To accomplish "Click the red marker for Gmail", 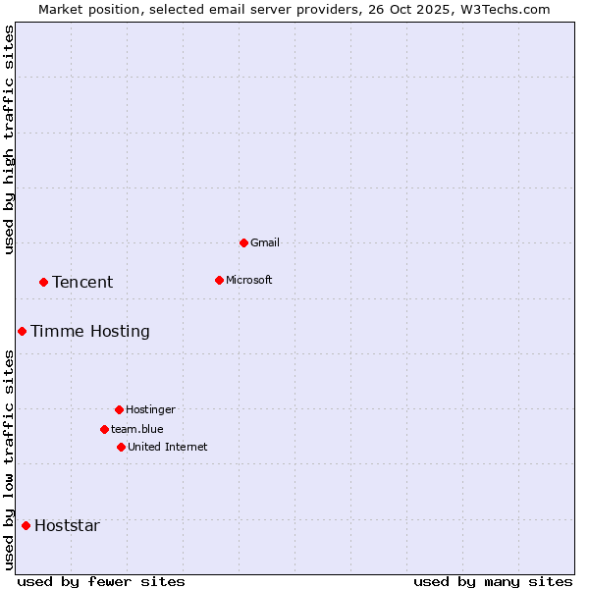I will [243, 242].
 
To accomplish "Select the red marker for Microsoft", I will [219, 280].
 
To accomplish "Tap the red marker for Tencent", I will [43, 282].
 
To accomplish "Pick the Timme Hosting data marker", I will [22, 331].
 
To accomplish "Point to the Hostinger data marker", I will [119, 409].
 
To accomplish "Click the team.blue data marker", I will [104, 429].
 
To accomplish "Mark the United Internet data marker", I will [121, 447].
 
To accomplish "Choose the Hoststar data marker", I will [26, 525].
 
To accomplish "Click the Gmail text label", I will [265, 242].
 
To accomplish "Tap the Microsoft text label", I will [249, 280].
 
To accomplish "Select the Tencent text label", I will [82, 282].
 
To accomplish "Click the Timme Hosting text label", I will [90, 331].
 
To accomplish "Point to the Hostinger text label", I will [150, 409].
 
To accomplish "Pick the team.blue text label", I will [137, 429].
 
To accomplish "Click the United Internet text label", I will [168, 447].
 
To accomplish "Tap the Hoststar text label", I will [67, 525].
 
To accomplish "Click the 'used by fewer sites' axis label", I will [101, 581].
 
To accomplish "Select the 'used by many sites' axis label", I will [493, 581].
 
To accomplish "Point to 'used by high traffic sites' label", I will [9, 140].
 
